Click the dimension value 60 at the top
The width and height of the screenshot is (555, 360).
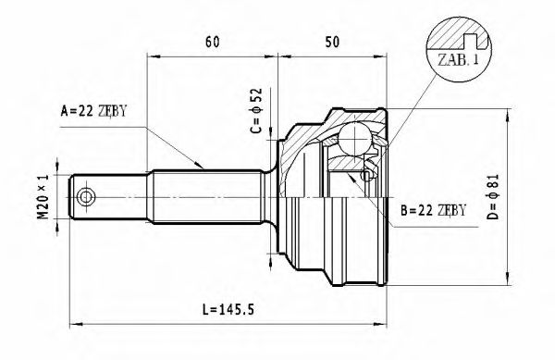(213, 42)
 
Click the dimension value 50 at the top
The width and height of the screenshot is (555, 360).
(332, 42)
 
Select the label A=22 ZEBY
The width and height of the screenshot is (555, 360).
(92, 111)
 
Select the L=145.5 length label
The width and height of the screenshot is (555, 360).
(228, 307)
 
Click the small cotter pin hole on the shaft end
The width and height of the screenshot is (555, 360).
(87, 197)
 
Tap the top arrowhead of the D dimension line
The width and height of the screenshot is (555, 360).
(508, 114)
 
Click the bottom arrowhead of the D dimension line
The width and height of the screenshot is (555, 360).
(508, 281)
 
